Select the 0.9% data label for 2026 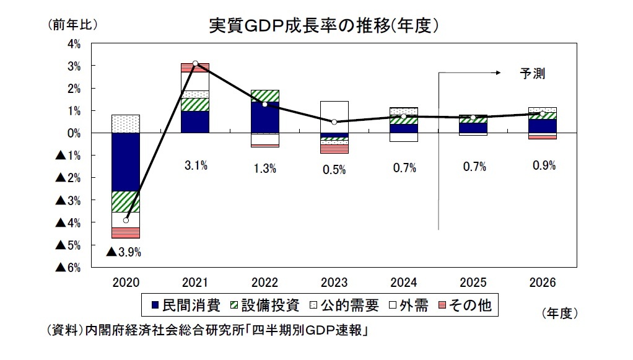coord(543,165)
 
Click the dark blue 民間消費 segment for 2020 coord(126,162)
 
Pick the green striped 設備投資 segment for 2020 coord(126,201)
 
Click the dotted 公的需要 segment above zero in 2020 coord(126,124)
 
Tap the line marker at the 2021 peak coord(195,63)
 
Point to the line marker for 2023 coord(334,122)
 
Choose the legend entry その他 coord(466,305)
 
